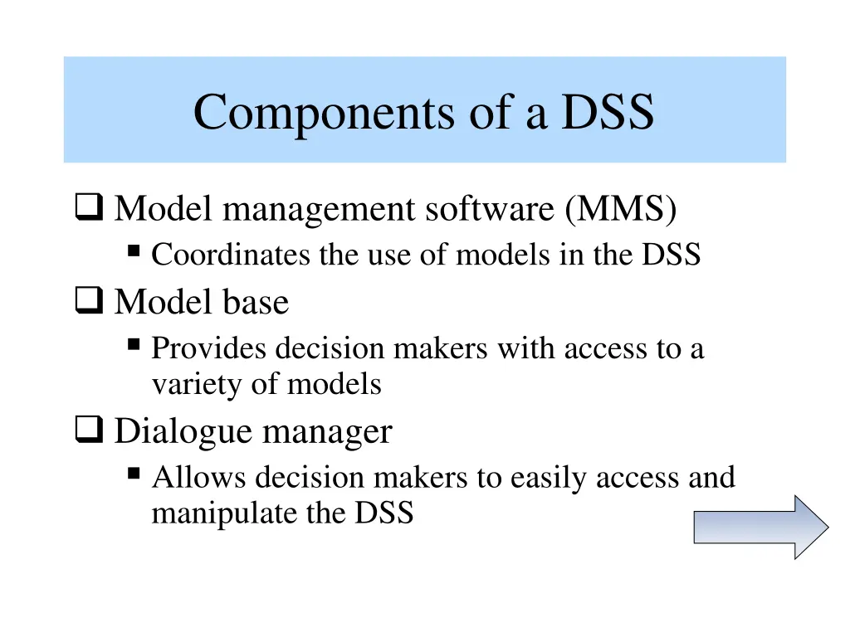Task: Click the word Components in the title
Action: tap(325, 112)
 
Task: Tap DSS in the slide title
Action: tap(608, 112)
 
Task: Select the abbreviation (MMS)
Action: tap(620, 209)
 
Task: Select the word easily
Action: tap(545, 478)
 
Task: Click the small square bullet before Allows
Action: tap(134, 473)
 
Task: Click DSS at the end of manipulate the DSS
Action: tap(384, 514)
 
